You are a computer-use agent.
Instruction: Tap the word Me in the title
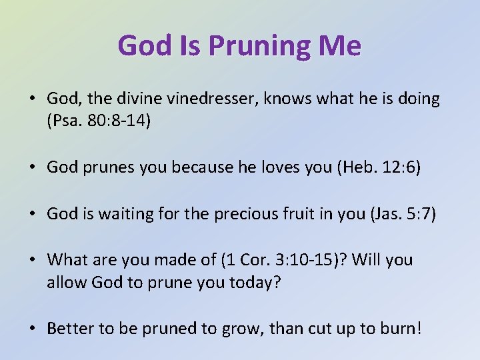(341, 45)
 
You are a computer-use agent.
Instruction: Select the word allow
(63, 283)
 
